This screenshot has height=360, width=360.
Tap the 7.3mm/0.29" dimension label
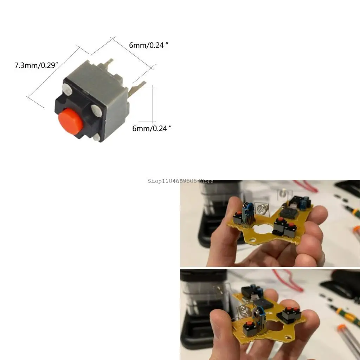point(36,65)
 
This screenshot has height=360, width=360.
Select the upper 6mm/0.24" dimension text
point(147,45)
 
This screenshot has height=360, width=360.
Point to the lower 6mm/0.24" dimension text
point(152,128)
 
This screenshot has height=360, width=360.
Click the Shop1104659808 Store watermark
point(180,181)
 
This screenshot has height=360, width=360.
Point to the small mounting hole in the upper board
point(252,240)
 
